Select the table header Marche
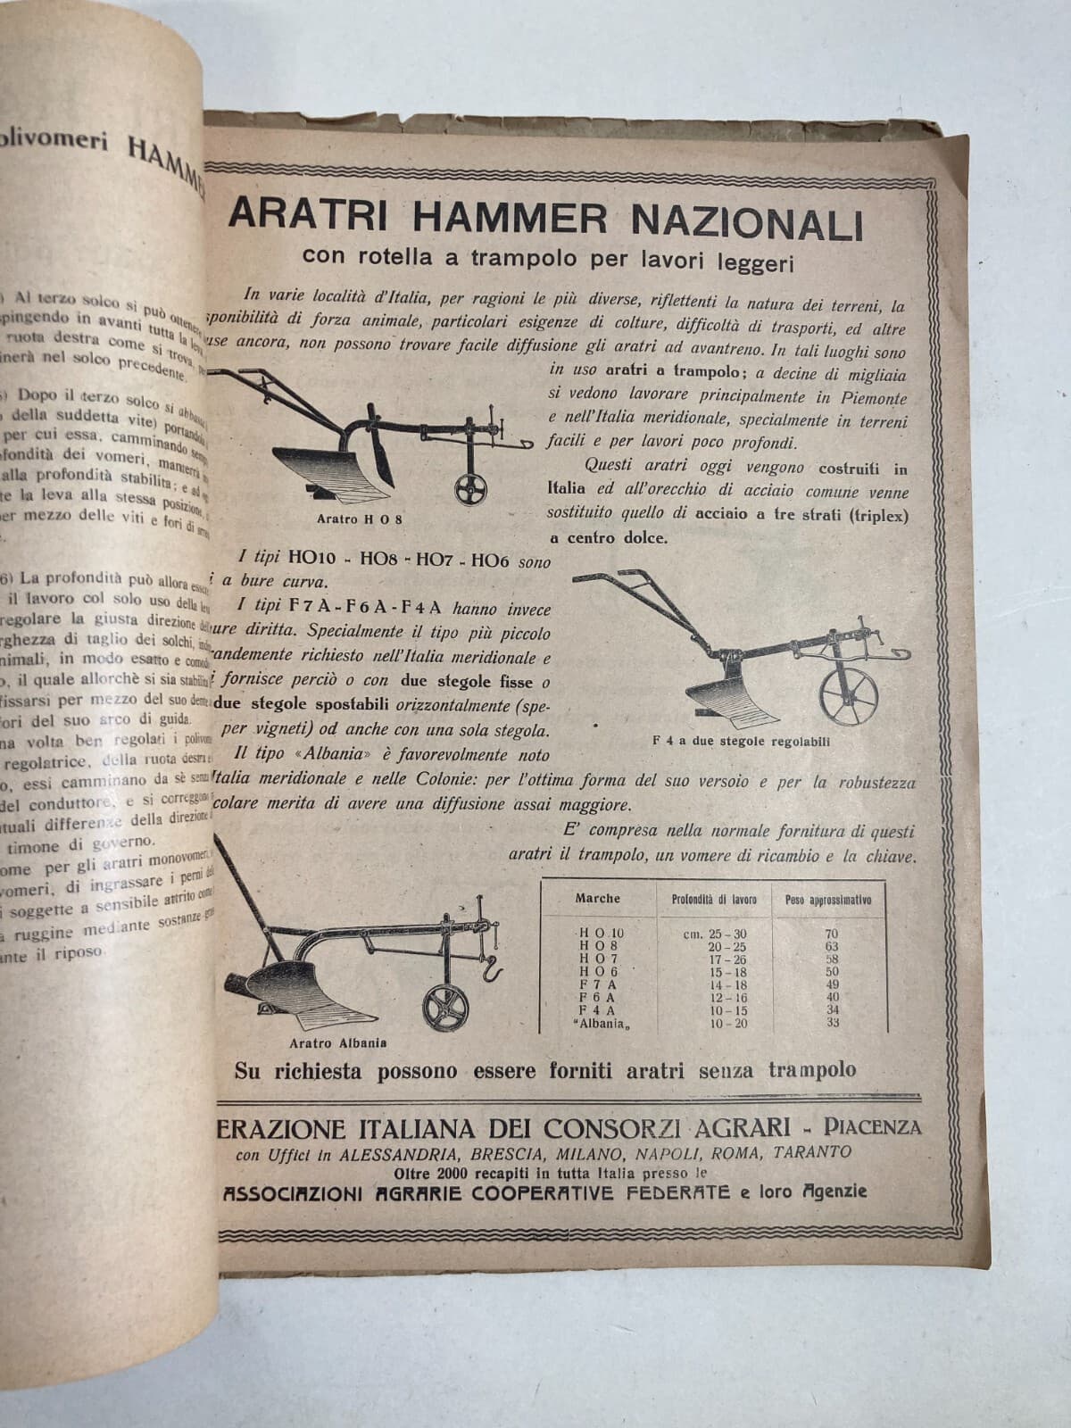[597, 899]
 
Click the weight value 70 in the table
[833, 934]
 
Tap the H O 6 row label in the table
[598, 971]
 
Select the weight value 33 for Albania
[833, 1023]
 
